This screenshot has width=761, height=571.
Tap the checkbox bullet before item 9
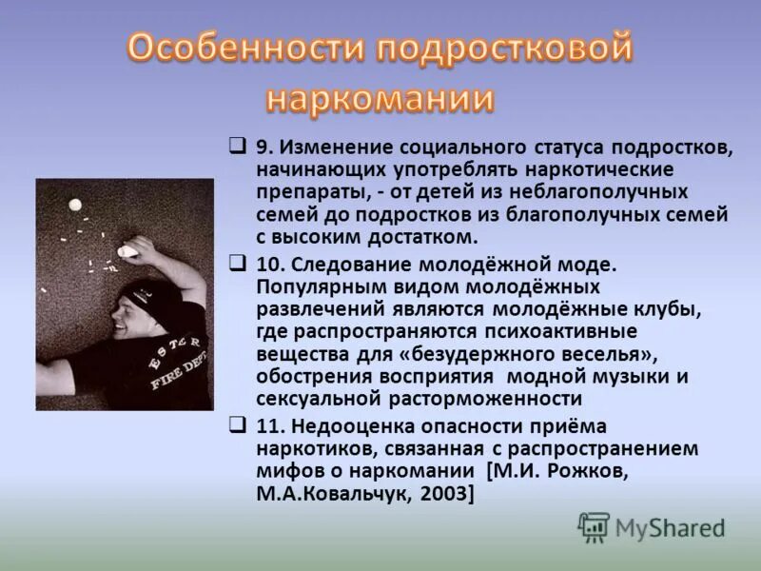pos(238,147)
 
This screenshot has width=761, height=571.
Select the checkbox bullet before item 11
pos(238,424)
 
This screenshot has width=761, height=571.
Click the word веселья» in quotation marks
pos(605,353)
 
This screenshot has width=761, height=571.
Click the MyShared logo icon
pos(594,525)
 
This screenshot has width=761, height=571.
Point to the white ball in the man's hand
pos(127,251)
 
